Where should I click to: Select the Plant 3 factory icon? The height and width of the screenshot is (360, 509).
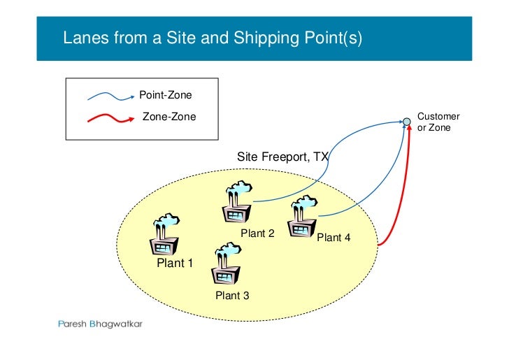pyautogui.click(x=225, y=265)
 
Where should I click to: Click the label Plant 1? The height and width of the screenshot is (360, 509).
pyautogui.click(x=174, y=263)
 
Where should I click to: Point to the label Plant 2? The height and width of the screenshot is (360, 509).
pyautogui.click(x=257, y=233)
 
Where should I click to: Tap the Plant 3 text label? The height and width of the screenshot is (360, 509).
pyautogui.click(x=232, y=296)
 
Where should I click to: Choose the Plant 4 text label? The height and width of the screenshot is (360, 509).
pyautogui.click(x=334, y=238)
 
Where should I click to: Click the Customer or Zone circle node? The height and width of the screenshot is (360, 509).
pyautogui.click(x=407, y=122)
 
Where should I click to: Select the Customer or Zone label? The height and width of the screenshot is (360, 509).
pyautogui.click(x=438, y=122)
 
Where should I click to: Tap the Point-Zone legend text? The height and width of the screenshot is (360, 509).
pyautogui.click(x=166, y=95)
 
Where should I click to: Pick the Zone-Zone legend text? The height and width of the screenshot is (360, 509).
pyautogui.click(x=169, y=117)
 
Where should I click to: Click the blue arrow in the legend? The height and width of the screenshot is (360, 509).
pyautogui.click(x=110, y=95)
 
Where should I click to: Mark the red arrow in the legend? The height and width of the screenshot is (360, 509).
pyautogui.click(x=110, y=117)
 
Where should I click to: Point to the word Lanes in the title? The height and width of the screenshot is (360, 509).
pyautogui.click(x=83, y=38)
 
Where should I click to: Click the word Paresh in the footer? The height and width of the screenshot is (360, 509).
pyautogui.click(x=71, y=324)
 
